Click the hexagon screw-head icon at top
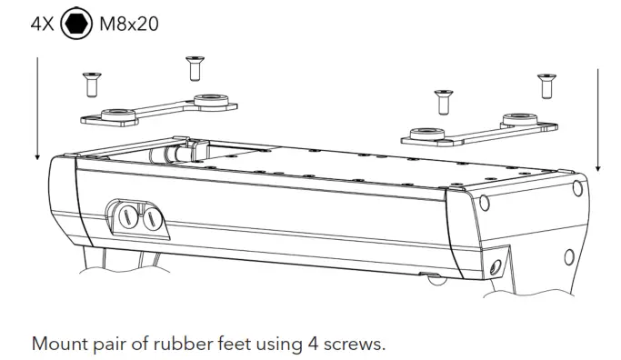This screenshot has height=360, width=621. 77,23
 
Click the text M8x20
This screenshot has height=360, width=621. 128,23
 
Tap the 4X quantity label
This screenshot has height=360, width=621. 43,23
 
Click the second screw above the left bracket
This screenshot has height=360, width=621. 193,67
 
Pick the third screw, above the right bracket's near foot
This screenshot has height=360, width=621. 443,101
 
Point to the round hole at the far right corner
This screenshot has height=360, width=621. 577,189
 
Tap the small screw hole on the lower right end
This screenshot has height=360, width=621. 496,267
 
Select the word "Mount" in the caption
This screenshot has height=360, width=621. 58,345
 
